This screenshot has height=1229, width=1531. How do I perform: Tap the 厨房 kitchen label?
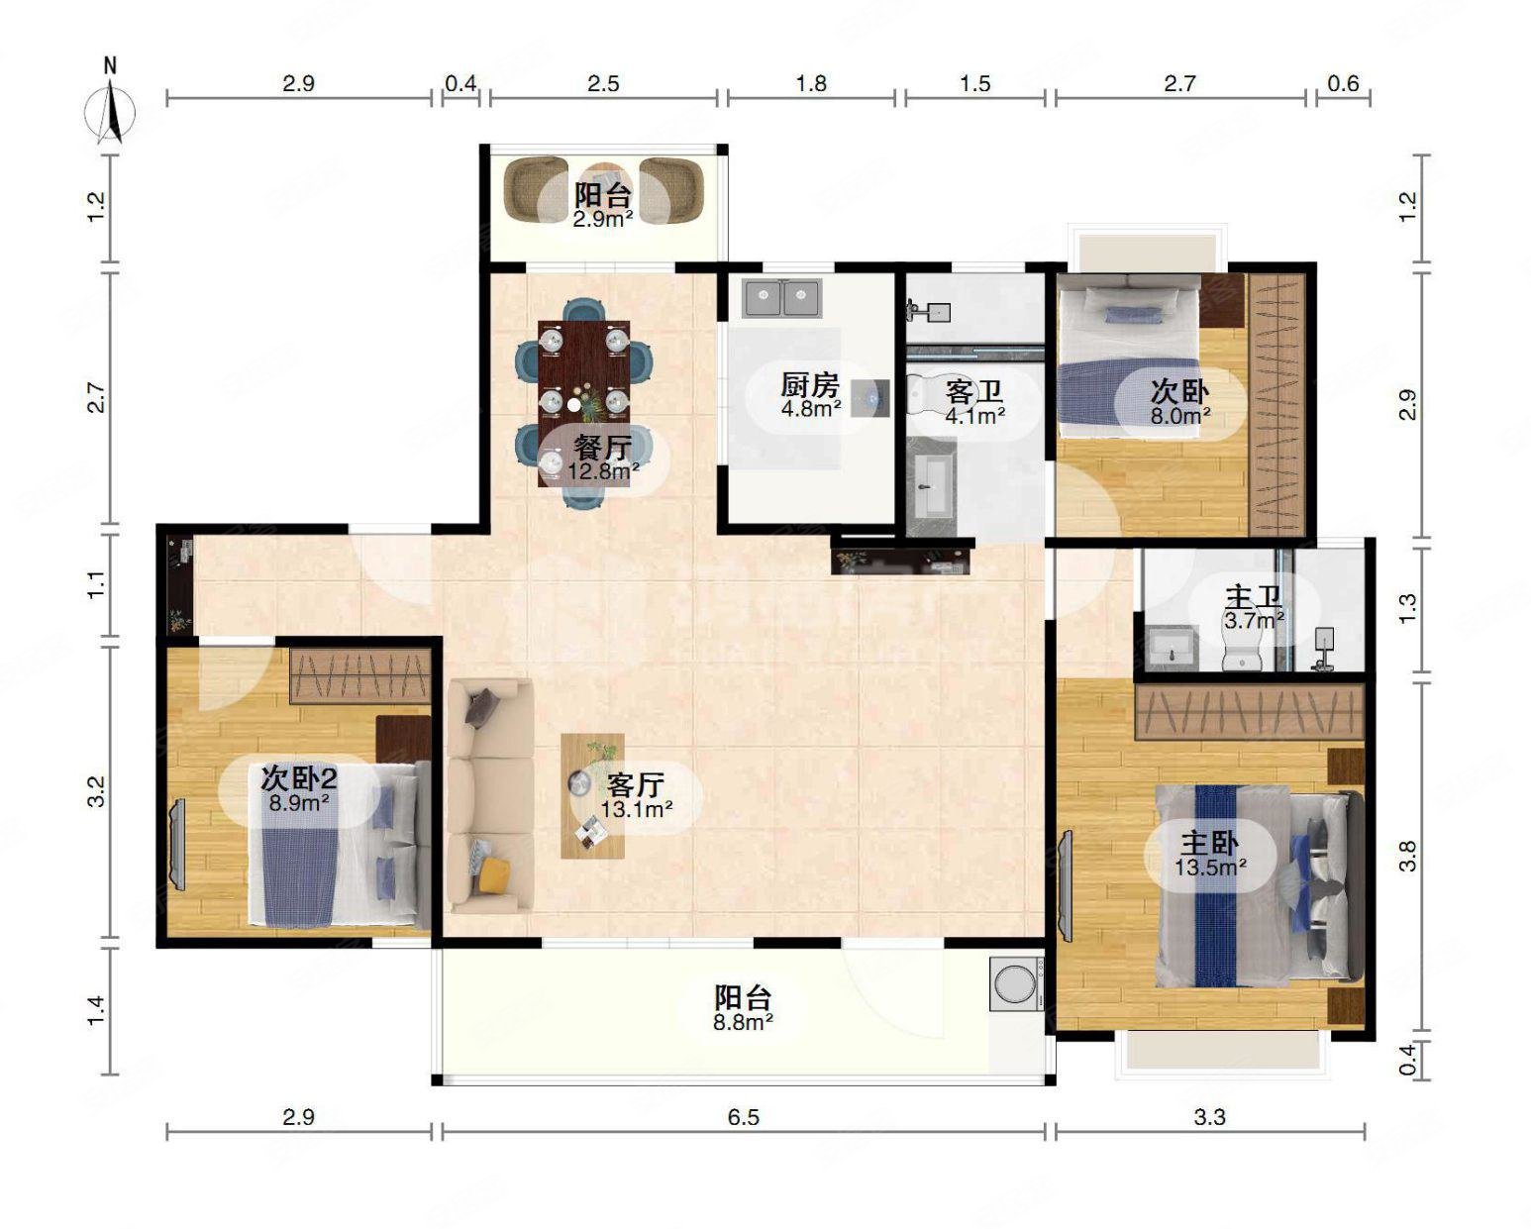coord(810,385)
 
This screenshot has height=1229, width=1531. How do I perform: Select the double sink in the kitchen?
coord(782,298)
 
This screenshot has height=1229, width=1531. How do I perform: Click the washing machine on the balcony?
coord(1017,984)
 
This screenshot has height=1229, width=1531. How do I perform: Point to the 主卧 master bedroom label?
coord(1209,844)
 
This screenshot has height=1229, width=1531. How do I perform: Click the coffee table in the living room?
coord(592,795)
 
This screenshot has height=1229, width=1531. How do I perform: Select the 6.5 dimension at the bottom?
coord(743,1117)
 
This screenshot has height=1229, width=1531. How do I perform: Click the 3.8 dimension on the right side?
coord(1408,856)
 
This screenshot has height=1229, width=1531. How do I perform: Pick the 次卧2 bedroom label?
coord(298,779)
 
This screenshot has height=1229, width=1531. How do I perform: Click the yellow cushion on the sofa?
coord(494,874)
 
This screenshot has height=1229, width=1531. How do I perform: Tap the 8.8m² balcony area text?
coord(743,1023)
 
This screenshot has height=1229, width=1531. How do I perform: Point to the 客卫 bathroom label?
coord(973,392)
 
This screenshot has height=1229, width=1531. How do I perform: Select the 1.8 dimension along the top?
coord(811,84)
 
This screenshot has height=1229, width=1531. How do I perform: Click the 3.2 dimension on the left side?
coord(96,791)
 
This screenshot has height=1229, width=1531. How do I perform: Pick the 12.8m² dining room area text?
coord(603,470)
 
